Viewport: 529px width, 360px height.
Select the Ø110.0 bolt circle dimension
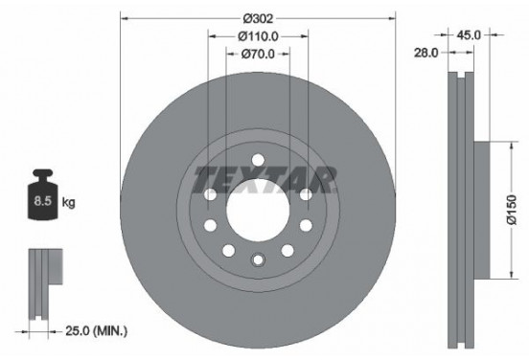tap(258, 37)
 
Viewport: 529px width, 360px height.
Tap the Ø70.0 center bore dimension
tap(258, 56)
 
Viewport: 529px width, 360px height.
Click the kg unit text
tap(69, 204)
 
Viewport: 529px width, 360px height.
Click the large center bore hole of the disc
tap(257, 208)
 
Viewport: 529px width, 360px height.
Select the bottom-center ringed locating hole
tap(257, 259)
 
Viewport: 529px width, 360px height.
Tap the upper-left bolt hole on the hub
tap(210, 195)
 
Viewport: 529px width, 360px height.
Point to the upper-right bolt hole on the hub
tap(304, 195)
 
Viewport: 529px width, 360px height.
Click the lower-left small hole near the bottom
tap(227, 250)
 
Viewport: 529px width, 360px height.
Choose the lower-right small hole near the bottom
tap(287, 250)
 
